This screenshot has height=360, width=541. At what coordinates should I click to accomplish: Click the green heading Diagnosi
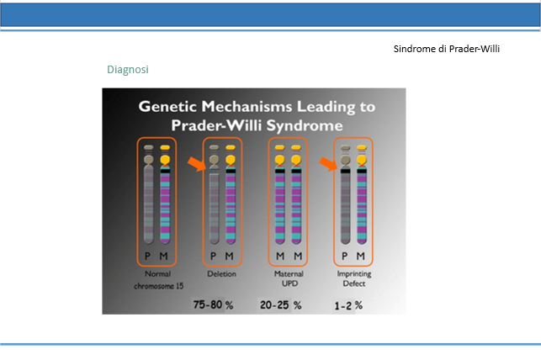(128, 70)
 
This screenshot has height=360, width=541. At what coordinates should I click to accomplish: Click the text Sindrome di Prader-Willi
(447, 49)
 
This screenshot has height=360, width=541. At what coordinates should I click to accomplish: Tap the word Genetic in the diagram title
(168, 106)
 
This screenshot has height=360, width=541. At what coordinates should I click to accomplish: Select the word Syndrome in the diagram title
(305, 125)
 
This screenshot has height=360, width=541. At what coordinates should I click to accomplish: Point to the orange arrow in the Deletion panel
(197, 164)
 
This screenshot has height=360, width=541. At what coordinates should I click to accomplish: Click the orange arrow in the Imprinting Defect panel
(328, 164)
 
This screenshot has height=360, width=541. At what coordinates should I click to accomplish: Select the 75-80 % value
(213, 304)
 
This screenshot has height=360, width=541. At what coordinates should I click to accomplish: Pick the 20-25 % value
(280, 304)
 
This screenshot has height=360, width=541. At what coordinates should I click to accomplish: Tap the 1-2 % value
(348, 305)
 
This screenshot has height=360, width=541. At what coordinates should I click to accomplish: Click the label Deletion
(221, 274)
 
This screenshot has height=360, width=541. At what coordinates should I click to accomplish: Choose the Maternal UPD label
(289, 278)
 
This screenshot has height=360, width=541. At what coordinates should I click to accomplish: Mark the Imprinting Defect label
(354, 278)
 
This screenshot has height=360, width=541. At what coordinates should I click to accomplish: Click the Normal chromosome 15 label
(158, 279)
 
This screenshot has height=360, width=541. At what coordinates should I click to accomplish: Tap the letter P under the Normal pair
(148, 257)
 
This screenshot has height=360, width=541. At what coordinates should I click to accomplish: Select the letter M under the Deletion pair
(229, 257)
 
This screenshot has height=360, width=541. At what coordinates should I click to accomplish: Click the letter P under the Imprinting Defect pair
(344, 257)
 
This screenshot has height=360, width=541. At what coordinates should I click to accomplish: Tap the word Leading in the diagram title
(326, 107)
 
